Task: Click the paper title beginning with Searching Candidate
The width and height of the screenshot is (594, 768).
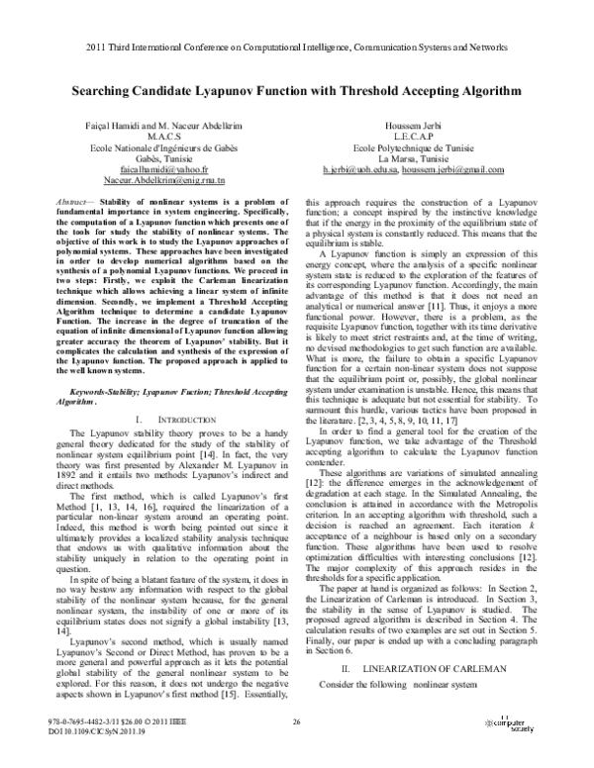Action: pyautogui.click(x=296, y=88)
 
